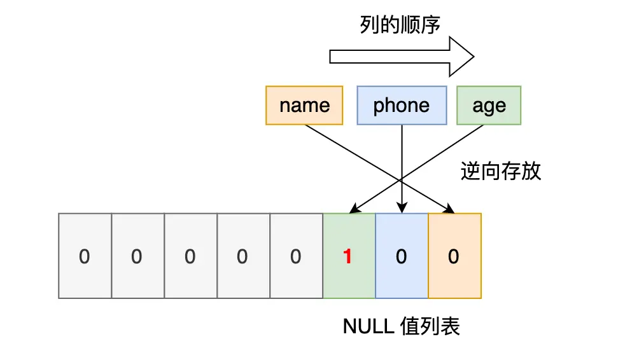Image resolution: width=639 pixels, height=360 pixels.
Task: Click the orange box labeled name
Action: tap(304, 105)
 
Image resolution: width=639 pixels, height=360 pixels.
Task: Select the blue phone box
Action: tap(401, 105)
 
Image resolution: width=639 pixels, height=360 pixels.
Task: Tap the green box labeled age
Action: tap(489, 105)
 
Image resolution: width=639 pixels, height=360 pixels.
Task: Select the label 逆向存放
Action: tap(500, 171)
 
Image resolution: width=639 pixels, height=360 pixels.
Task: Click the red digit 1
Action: tap(348, 256)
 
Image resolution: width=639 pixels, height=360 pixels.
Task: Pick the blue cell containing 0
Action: tap(401, 256)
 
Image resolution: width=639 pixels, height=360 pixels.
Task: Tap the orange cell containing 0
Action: tap(454, 256)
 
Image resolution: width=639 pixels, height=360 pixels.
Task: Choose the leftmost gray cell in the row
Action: tap(85, 256)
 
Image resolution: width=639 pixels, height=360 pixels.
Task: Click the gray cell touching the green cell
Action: tap(296, 256)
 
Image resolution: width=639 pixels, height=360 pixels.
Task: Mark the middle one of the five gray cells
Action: tap(190, 256)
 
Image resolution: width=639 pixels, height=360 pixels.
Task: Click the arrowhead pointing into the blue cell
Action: tap(402, 209)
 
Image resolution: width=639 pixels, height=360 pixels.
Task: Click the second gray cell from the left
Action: tap(137, 256)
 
